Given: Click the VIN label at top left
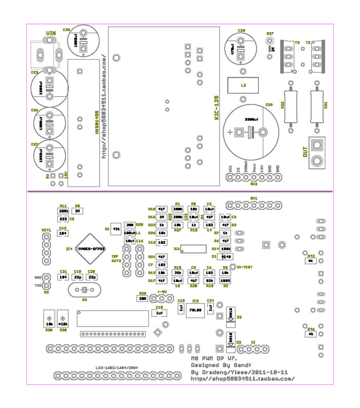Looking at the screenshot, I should tap(50, 33).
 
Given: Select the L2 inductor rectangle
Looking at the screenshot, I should tap(243, 85).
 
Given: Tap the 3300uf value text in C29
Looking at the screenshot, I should tap(252, 119).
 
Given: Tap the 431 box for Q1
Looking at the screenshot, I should tap(116, 229).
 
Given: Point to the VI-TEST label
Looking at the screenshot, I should tap(244, 266).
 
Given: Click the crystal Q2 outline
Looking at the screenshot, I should tap(84, 290).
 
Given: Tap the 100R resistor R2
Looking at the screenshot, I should tap(225, 280).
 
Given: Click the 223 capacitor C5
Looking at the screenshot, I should tap(63, 219).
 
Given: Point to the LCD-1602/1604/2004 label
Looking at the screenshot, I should tap(117, 367).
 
